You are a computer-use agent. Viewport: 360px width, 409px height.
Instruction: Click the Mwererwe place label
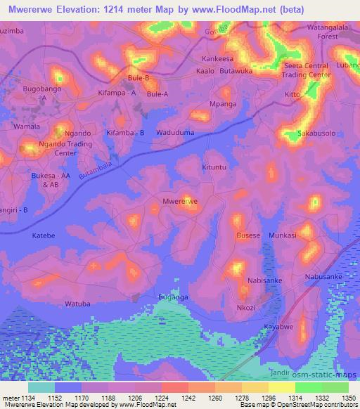coord(180,202)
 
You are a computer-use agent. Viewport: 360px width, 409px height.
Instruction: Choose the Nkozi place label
coord(246,307)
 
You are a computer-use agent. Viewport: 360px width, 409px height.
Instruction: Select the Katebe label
coord(43,236)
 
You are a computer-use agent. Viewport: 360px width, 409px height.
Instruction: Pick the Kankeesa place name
coord(217,59)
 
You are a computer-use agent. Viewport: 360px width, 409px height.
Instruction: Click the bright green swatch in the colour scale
coord(308,387)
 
